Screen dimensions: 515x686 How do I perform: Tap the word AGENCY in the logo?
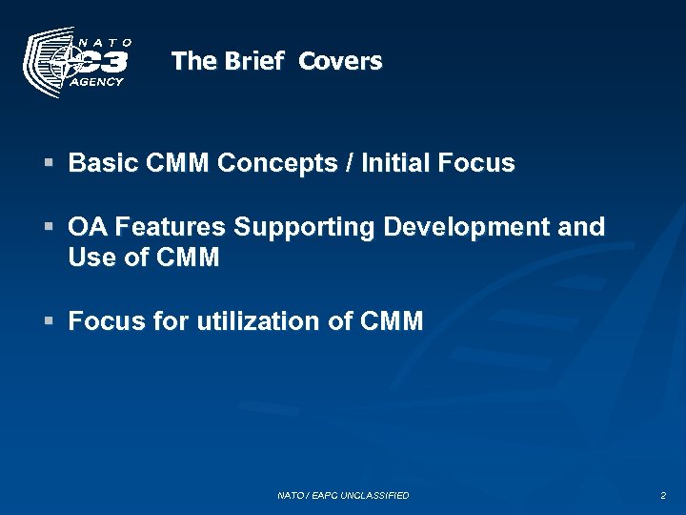(x=98, y=82)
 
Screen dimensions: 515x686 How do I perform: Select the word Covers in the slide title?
(x=340, y=62)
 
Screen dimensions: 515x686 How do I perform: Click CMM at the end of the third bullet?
(x=393, y=321)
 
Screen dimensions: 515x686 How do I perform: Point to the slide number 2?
(x=663, y=496)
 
